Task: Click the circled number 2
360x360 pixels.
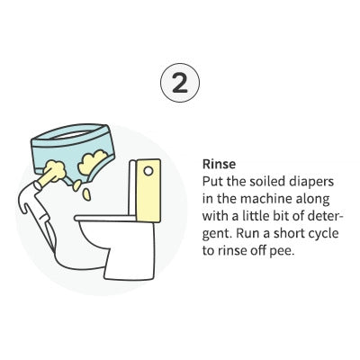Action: coord(180,83)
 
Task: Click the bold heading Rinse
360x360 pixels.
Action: coord(219,164)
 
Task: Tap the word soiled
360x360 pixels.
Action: coord(259,182)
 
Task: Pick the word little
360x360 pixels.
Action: coord(250,216)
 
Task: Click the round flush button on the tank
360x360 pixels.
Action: coord(148,171)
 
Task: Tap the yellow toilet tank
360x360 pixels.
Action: coord(148,191)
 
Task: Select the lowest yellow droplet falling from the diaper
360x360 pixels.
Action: coord(87,194)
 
